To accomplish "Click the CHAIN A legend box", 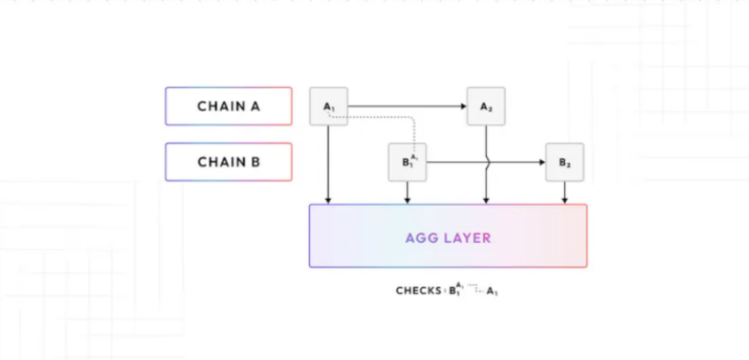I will (228, 107).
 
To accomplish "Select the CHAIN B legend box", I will (228, 162).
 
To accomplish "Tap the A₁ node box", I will (328, 107).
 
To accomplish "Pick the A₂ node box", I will (486, 107).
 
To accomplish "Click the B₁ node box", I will (408, 162).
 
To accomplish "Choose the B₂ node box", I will (564, 162).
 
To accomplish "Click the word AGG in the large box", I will (422, 238).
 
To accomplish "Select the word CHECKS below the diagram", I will (418, 290).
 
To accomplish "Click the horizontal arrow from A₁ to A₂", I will (405, 107).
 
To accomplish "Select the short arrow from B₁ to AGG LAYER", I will (408, 193).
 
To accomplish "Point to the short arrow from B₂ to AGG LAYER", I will (564, 193).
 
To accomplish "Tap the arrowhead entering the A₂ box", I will (463, 107).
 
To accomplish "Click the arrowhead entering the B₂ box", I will (541, 162).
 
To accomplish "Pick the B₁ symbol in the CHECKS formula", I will (455, 290).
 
